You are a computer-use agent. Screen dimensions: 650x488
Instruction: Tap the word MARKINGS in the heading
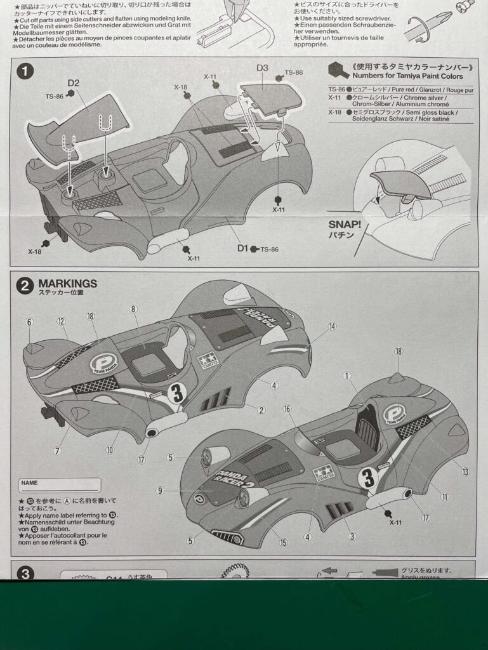(68, 283)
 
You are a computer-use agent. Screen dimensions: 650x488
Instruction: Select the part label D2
(74, 83)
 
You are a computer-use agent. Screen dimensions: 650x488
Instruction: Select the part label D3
(262, 67)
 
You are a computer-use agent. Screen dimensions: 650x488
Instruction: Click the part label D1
(242, 248)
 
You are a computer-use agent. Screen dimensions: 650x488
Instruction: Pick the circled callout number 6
(29, 322)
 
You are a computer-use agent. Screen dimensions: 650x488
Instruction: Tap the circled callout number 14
(332, 326)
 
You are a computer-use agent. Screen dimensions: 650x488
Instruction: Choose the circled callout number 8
(133, 309)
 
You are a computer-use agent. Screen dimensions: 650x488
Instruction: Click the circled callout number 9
(159, 490)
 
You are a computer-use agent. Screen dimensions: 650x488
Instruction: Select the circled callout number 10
(110, 449)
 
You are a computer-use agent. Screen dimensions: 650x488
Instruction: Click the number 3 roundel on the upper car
(178, 394)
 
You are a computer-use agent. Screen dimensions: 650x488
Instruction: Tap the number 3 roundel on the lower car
(367, 477)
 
